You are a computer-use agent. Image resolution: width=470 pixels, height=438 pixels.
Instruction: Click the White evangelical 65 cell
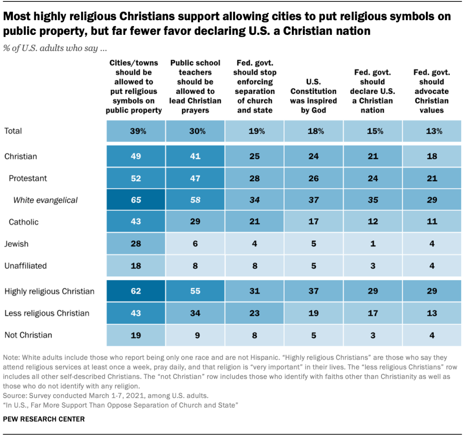[x=136, y=200]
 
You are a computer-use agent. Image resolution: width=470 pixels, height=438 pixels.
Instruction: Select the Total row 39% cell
[x=136, y=131]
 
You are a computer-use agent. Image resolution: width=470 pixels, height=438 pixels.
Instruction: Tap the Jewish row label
[x=17, y=244]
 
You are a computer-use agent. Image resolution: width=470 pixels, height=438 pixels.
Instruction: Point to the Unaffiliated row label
[x=26, y=266]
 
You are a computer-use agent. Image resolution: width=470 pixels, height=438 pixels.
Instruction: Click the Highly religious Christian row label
[x=49, y=291]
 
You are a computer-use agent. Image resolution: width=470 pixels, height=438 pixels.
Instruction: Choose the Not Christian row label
[x=28, y=335]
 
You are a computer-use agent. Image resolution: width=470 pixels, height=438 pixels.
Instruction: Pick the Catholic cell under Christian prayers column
[x=195, y=222]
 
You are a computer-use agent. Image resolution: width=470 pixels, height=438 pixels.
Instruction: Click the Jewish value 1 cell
[x=373, y=244]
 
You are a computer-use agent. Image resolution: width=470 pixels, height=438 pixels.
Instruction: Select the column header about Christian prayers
[x=195, y=86]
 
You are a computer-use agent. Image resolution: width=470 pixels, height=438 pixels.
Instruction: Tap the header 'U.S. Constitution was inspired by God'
[x=313, y=96]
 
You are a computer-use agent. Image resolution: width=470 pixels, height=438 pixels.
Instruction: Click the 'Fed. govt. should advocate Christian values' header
[x=431, y=91]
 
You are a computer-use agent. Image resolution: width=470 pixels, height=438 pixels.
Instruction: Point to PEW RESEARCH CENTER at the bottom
[x=44, y=419]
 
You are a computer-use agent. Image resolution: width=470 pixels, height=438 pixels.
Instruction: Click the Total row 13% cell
[x=431, y=131]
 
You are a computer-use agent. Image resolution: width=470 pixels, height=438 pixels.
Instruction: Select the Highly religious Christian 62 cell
[x=136, y=291]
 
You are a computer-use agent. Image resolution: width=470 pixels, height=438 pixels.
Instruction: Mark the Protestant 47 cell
[x=195, y=178]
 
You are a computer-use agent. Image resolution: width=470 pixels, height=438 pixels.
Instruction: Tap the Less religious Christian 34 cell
[x=195, y=313]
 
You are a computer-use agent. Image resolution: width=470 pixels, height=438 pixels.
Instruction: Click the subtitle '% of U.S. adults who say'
[x=55, y=48]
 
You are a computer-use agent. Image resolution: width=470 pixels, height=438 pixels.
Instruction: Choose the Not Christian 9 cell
[x=195, y=335]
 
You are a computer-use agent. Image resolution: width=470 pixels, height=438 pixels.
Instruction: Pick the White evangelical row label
[x=45, y=200]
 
